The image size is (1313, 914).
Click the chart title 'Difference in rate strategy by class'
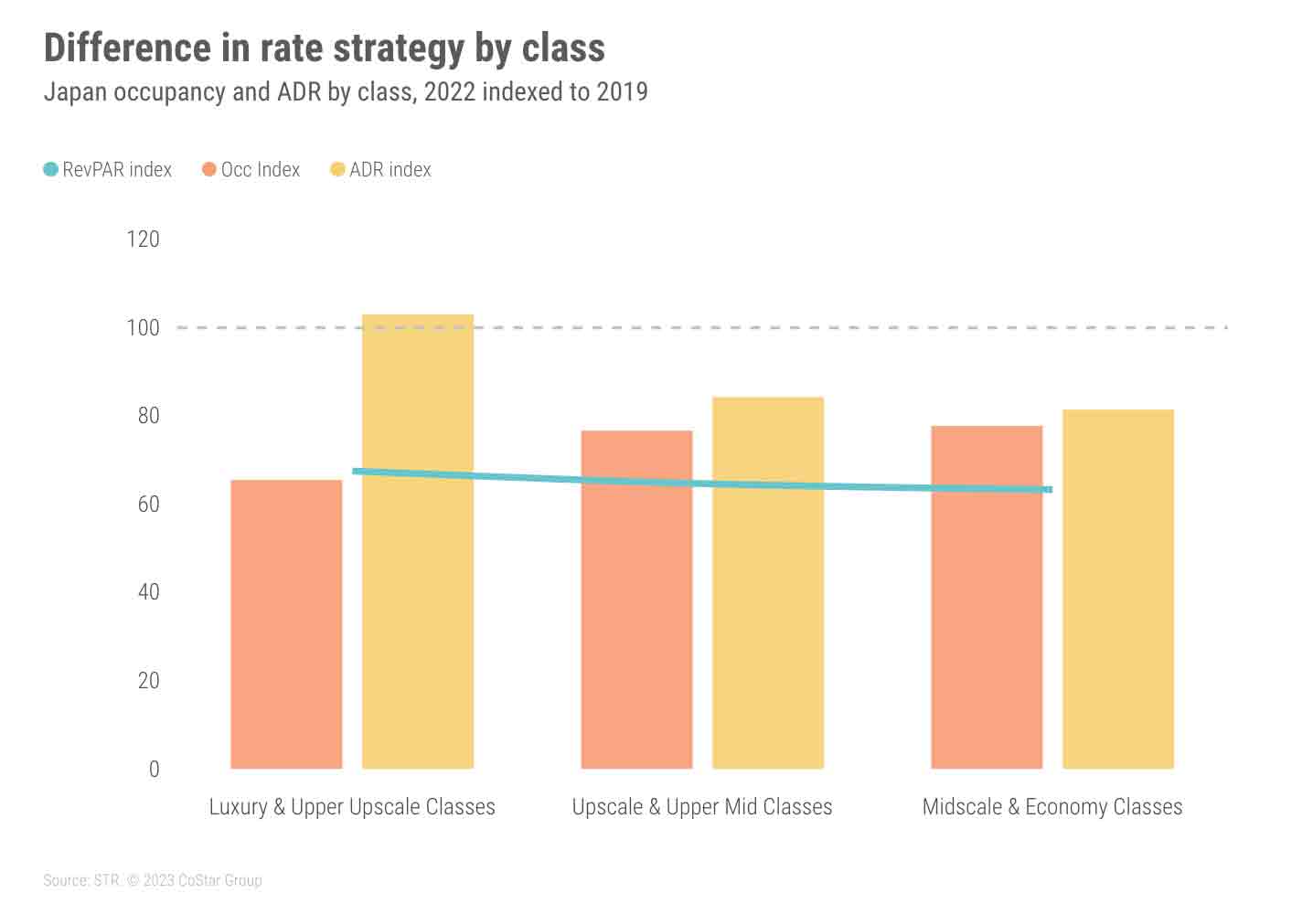(x=324, y=48)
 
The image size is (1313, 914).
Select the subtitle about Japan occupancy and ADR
(x=346, y=92)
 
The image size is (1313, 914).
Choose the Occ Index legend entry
(x=251, y=169)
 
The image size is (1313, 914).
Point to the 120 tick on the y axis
(x=143, y=239)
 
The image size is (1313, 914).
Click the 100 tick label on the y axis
(x=143, y=327)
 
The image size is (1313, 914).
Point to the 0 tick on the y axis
(x=154, y=770)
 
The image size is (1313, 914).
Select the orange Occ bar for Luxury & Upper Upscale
(x=286, y=631)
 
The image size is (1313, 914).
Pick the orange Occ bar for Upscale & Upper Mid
(x=636, y=631)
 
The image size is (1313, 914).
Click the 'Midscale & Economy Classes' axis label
(x=1051, y=807)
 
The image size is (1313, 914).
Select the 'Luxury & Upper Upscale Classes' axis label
(x=352, y=807)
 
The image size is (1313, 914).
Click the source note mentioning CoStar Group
(x=153, y=880)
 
